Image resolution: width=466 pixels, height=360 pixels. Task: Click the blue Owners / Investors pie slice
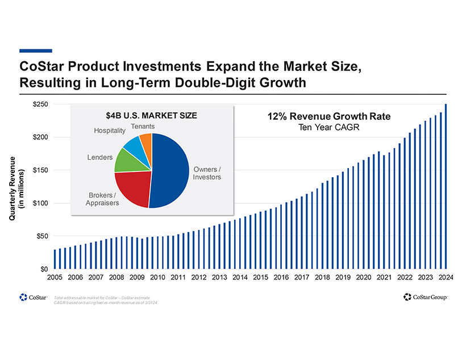point(170,170)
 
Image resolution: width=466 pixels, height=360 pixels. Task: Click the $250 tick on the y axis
point(40,104)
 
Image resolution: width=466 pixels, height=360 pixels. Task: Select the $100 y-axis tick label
point(40,203)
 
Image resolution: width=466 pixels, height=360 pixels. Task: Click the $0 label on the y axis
point(43,268)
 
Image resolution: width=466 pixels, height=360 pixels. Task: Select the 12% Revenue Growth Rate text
point(328,116)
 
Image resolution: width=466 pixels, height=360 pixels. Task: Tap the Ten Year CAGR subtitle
point(328,127)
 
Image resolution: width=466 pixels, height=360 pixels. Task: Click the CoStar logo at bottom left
point(32,297)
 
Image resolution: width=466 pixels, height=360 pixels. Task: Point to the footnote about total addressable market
point(105,299)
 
